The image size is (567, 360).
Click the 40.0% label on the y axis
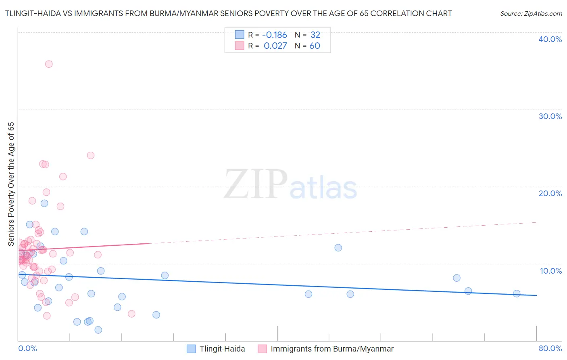tap(550, 39)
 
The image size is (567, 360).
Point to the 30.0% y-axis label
tap(550, 116)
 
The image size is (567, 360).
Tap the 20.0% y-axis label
tap(550, 193)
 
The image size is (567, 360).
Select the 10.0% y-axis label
tap(551, 271)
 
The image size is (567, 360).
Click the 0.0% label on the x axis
tap(27, 348)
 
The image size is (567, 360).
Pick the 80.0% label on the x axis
tap(550, 348)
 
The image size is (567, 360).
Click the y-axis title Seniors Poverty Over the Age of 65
tap(11, 184)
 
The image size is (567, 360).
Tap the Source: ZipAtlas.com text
tap(531, 13)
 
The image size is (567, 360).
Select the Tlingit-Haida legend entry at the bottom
tap(222, 349)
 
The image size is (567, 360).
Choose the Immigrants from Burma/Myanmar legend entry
tap(331, 349)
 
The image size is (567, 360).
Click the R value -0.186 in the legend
tap(275, 35)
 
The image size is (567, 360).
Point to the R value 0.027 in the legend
tap(275, 46)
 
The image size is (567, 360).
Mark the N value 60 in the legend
tap(315, 46)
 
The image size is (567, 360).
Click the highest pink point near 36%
tap(49, 64)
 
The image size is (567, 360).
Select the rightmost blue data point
tap(517, 293)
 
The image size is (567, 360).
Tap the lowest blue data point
tap(98, 330)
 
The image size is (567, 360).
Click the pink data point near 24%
tap(91, 155)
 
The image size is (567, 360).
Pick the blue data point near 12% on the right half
tap(338, 247)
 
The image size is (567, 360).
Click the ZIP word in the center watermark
tap(255, 185)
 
